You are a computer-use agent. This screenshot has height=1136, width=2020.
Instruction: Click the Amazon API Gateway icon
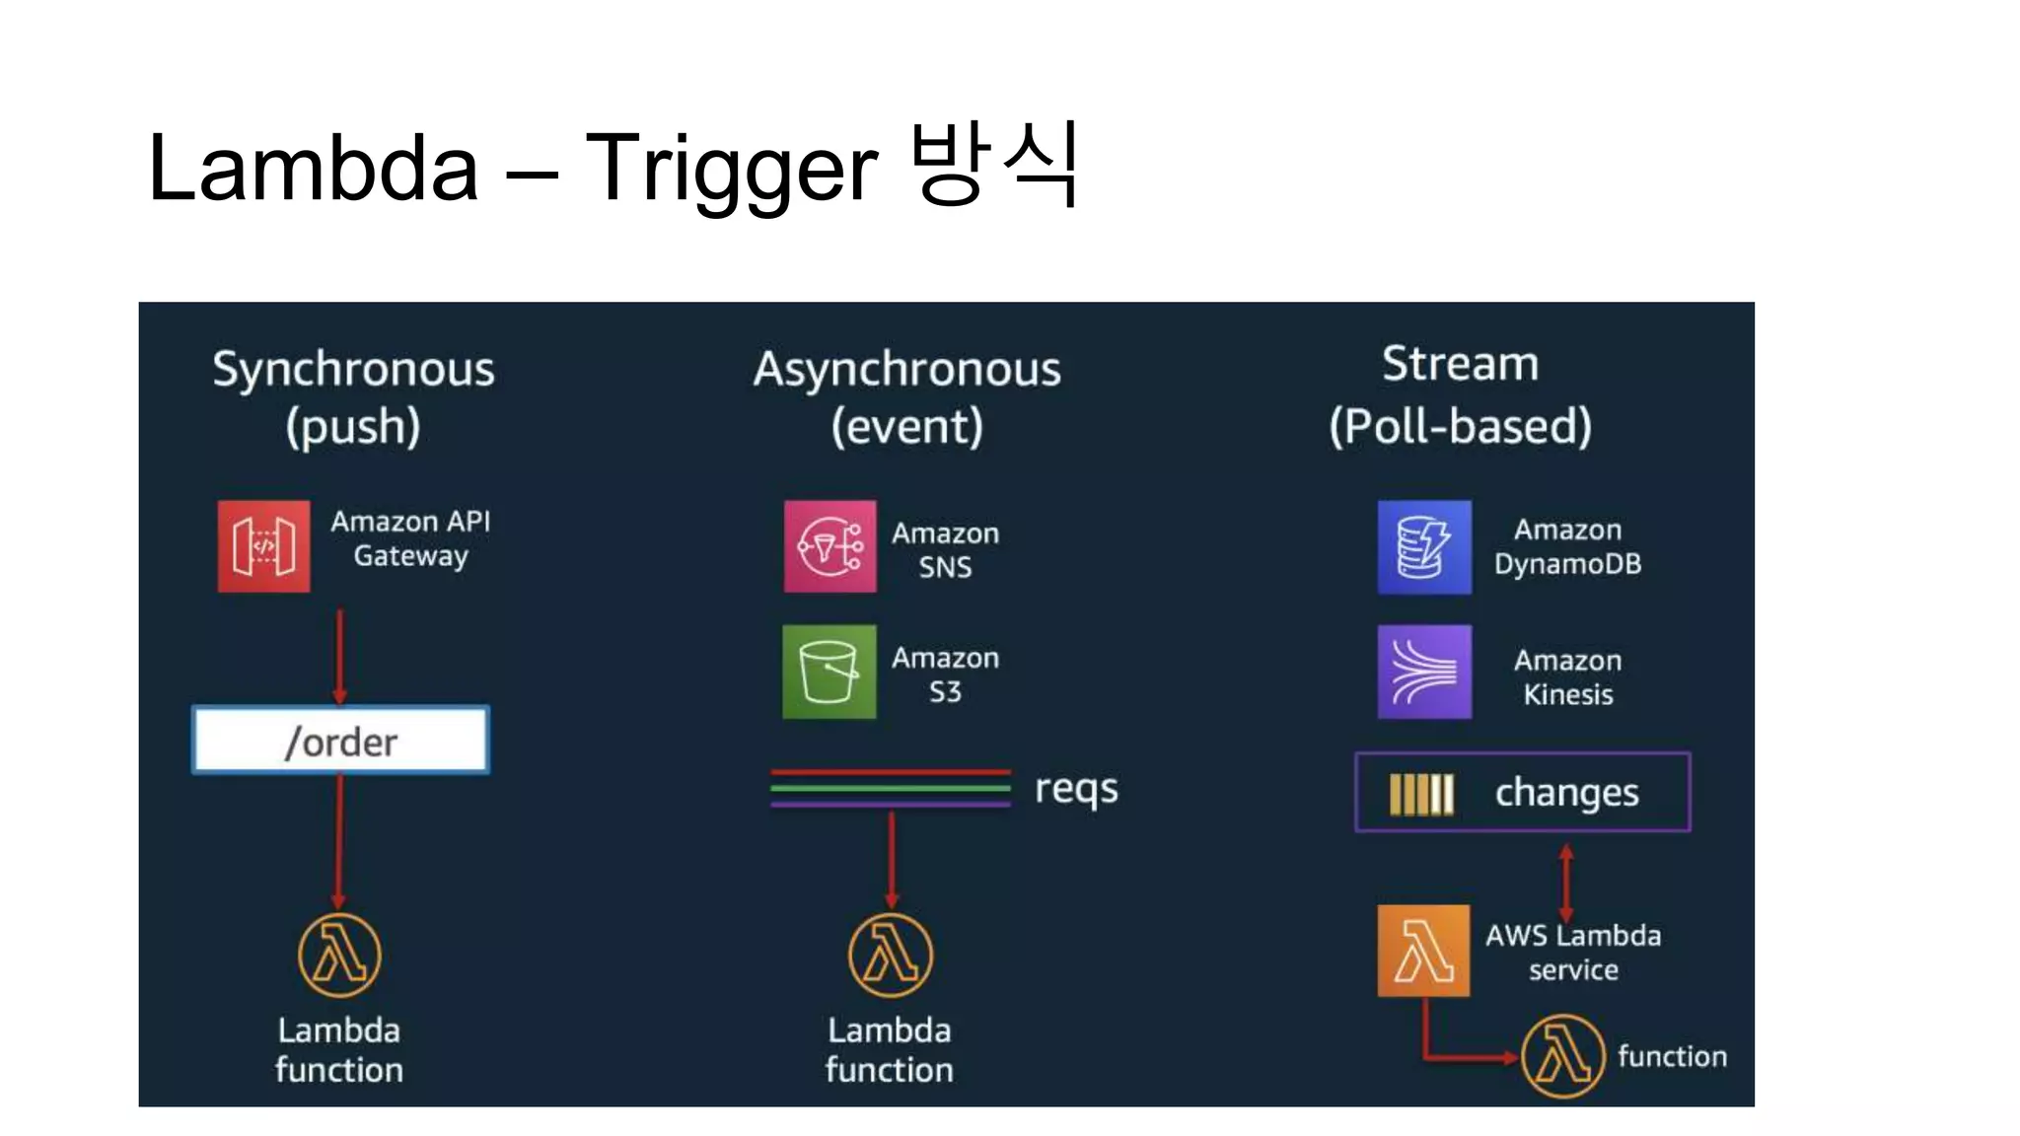click(263, 546)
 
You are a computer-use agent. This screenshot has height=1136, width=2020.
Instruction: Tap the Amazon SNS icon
click(830, 546)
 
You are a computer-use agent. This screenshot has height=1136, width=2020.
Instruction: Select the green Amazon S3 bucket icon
click(829, 672)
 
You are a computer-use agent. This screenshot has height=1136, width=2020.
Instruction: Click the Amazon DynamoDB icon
click(1423, 547)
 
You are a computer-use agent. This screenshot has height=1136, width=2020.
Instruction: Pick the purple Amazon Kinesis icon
click(1423, 672)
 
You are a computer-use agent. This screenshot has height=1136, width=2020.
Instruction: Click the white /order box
click(340, 740)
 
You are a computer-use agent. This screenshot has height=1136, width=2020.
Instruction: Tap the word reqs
click(1076, 789)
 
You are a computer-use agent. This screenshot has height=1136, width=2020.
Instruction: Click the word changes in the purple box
click(1566, 793)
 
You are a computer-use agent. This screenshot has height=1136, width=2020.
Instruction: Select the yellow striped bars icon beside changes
click(1421, 794)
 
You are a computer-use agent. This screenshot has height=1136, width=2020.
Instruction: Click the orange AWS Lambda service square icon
click(1422, 951)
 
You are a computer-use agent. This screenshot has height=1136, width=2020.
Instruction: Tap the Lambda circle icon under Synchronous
click(339, 955)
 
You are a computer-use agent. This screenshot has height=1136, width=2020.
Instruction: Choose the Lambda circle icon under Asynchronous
click(890, 955)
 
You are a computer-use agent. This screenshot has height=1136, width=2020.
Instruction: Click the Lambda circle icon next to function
click(1562, 1056)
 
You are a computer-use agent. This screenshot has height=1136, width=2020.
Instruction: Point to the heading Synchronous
click(353, 370)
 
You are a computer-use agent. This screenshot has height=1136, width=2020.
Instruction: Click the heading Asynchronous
click(906, 370)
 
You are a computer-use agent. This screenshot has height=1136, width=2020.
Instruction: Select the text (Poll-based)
click(1460, 427)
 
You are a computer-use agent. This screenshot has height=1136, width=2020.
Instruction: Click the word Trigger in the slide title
click(731, 169)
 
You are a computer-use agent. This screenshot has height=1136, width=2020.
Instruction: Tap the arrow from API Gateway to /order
click(339, 655)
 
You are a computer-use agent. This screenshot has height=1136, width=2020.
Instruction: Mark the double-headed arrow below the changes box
click(1565, 883)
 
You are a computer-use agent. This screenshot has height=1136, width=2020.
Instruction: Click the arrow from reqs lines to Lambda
click(891, 858)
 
